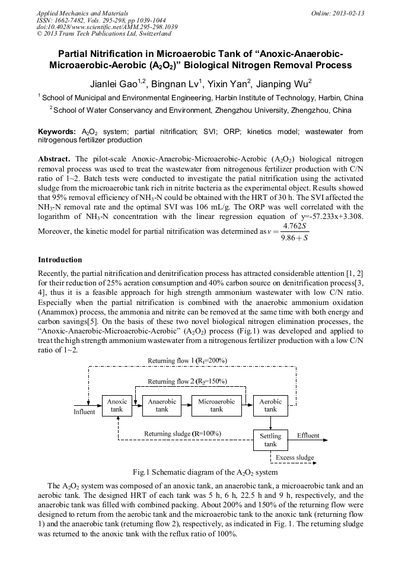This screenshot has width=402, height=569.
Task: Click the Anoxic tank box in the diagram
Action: tap(117, 405)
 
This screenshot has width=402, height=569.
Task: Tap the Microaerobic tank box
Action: tap(216, 405)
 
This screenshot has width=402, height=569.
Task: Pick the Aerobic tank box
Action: tap(270, 405)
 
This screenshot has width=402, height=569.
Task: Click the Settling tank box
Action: tap(270, 440)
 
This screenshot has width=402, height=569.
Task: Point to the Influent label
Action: tap(84, 412)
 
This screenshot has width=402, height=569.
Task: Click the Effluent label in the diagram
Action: tap(308, 436)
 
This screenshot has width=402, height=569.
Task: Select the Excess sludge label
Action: tap(295, 457)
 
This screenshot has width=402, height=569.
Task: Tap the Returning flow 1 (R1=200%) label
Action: tap(187, 361)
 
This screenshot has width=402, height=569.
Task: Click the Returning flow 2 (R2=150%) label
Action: tap(187, 382)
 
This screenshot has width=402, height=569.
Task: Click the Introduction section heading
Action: tap(60, 260)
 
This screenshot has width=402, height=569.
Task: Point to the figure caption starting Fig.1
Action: tap(205, 472)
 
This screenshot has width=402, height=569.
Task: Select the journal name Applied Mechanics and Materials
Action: tap(82, 13)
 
